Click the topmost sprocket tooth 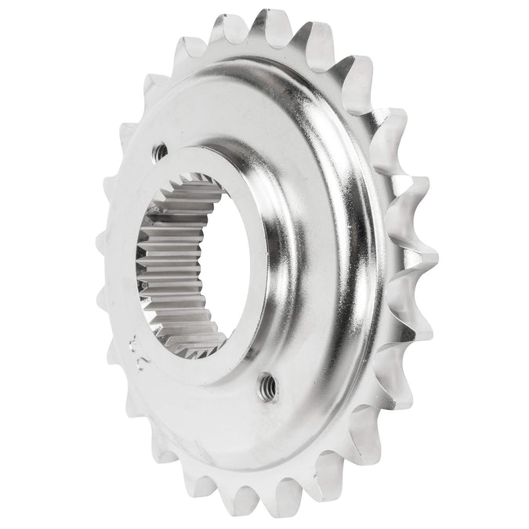[x=270, y=24]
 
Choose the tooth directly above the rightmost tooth [x=415, y=196]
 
